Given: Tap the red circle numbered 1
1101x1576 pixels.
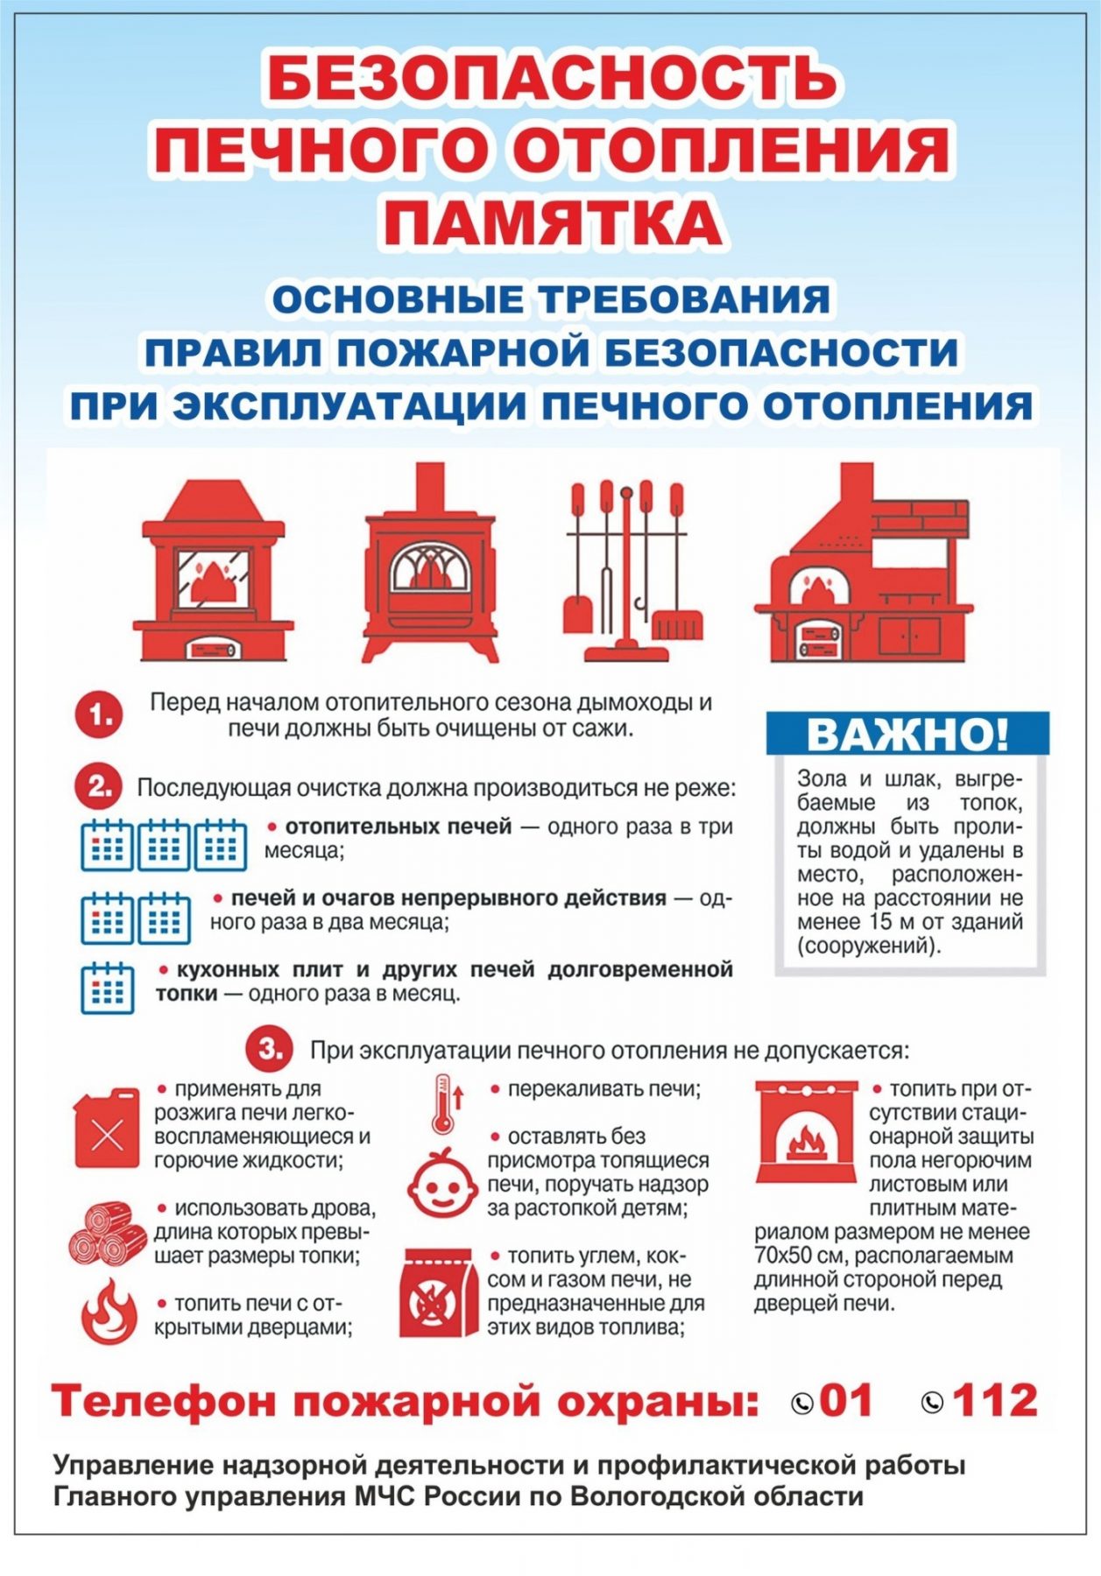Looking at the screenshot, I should [x=98, y=716].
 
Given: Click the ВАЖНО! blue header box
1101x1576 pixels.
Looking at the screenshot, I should [x=907, y=734].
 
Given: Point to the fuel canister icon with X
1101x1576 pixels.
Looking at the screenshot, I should [x=107, y=1129].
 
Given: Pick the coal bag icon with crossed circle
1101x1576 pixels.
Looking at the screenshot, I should [x=438, y=1294].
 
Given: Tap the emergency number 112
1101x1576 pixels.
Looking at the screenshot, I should [x=994, y=1401].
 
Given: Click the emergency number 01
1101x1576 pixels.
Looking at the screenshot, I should [x=846, y=1401].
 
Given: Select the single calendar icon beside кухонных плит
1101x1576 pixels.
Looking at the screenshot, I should [x=107, y=988].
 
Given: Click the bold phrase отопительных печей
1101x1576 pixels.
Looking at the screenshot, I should [x=398, y=827].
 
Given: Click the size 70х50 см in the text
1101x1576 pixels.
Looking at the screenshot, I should [x=795, y=1256].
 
